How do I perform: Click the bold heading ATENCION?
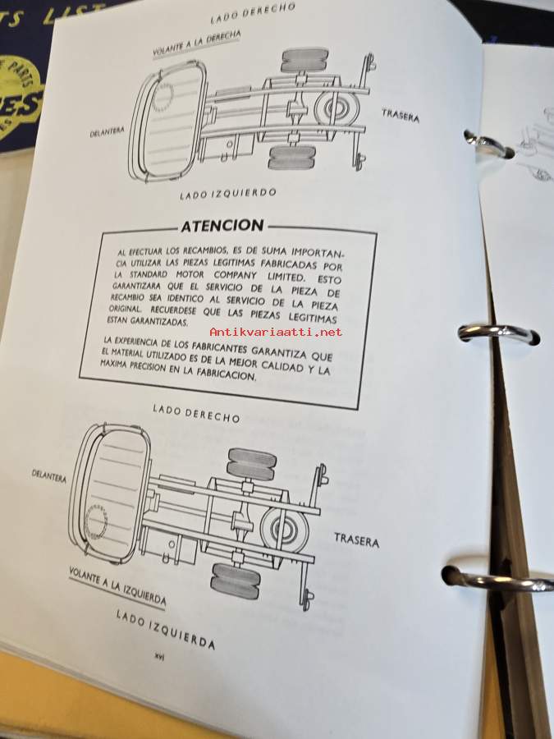click(222, 226)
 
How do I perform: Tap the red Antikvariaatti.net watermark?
click(276, 333)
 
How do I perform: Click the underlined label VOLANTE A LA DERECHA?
click(197, 44)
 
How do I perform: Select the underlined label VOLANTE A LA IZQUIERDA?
click(117, 585)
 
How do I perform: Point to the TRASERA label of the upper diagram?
click(401, 116)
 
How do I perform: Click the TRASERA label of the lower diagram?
click(357, 540)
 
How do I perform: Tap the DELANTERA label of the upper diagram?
click(107, 131)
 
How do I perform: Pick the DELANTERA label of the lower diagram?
click(49, 475)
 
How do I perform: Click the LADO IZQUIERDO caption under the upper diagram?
click(228, 193)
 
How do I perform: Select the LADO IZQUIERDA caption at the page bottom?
click(166, 629)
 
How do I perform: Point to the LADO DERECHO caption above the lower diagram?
click(196, 413)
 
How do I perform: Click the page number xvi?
click(160, 657)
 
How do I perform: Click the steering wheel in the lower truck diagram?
click(96, 521)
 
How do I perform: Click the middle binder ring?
click(498, 333)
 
